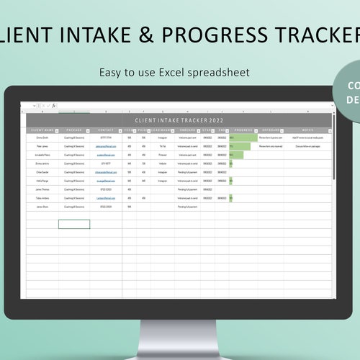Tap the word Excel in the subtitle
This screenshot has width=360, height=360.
tap(171, 73)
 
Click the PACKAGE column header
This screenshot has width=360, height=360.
tap(74, 130)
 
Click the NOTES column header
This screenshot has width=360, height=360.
tap(307, 130)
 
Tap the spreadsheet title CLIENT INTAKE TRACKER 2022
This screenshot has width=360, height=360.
tap(179, 121)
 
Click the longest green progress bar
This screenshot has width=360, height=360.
tap(243, 137)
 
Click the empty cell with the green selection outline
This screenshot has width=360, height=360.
tap(74, 224)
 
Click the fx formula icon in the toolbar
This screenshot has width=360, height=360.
tap(53, 106)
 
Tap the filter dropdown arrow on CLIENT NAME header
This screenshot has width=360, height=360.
tap(56, 130)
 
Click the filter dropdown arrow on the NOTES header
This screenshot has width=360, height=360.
tap(330, 130)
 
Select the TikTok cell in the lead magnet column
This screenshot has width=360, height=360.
tap(163, 145)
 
